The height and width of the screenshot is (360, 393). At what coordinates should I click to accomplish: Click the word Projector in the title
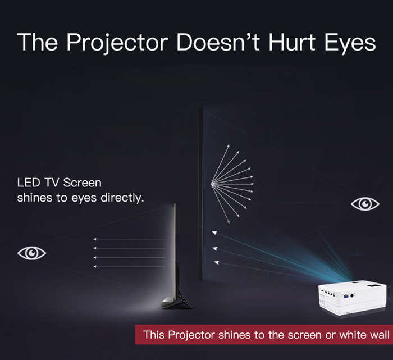117,43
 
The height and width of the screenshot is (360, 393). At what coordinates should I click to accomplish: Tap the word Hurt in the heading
292,42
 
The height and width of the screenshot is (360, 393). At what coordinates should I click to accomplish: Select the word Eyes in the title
350,43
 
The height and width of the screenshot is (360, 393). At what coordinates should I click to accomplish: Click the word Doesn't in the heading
218,42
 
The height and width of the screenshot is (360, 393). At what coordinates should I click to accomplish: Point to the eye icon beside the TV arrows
31,253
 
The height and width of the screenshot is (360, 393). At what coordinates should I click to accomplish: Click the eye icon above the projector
365,204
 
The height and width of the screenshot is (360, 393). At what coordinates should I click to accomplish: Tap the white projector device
353,298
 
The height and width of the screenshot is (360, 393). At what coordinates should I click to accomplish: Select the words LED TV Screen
60,183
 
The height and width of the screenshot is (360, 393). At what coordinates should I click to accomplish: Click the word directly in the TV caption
122,198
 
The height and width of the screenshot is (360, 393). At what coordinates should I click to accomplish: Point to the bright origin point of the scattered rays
213,184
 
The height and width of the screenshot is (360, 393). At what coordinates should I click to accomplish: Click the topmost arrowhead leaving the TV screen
95,239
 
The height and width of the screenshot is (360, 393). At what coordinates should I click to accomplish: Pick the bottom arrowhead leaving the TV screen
95,267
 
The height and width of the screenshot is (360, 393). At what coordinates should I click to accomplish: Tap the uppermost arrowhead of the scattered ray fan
228,146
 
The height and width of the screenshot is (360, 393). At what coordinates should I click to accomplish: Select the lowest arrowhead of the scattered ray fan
228,222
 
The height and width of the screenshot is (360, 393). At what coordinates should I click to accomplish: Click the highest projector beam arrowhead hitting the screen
214,233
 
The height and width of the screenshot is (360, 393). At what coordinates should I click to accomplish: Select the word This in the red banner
154,335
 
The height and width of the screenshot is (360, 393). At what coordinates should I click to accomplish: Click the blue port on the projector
346,296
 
